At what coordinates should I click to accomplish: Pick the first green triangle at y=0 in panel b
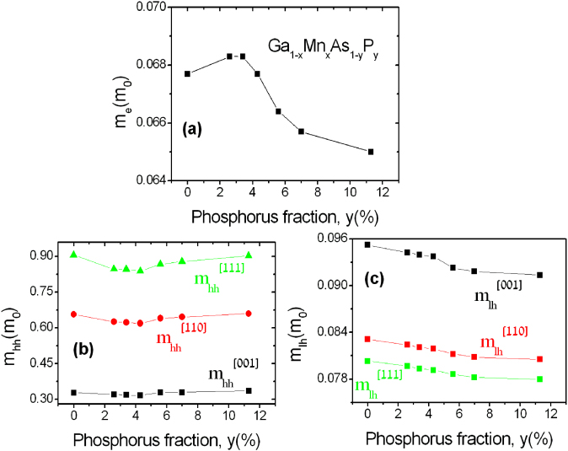click(x=74, y=255)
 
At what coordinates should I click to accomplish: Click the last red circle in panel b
click(x=249, y=314)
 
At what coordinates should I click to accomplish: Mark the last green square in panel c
click(x=539, y=379)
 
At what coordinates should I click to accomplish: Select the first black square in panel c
click(x=367, y=244)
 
